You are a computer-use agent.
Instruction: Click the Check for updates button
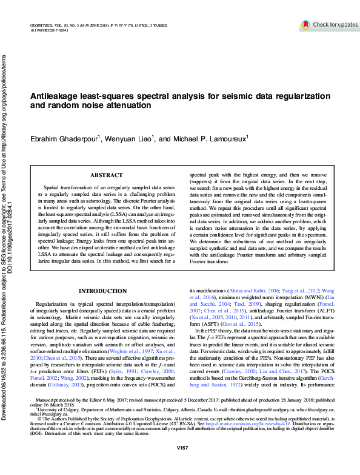point(329,25)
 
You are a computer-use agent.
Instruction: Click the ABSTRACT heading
point(106,175)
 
